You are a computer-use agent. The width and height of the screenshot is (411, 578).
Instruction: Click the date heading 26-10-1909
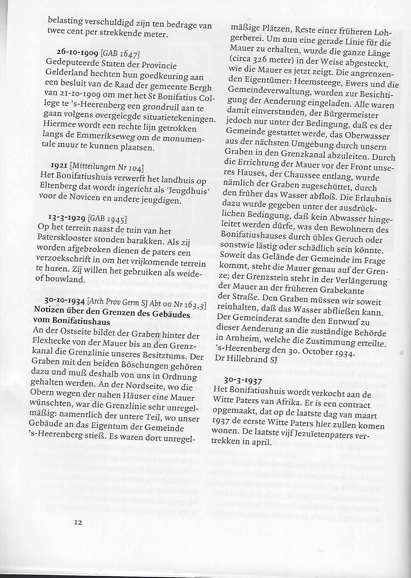point(78,52)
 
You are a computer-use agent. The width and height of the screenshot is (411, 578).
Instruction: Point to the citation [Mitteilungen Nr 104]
point(107,167)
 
